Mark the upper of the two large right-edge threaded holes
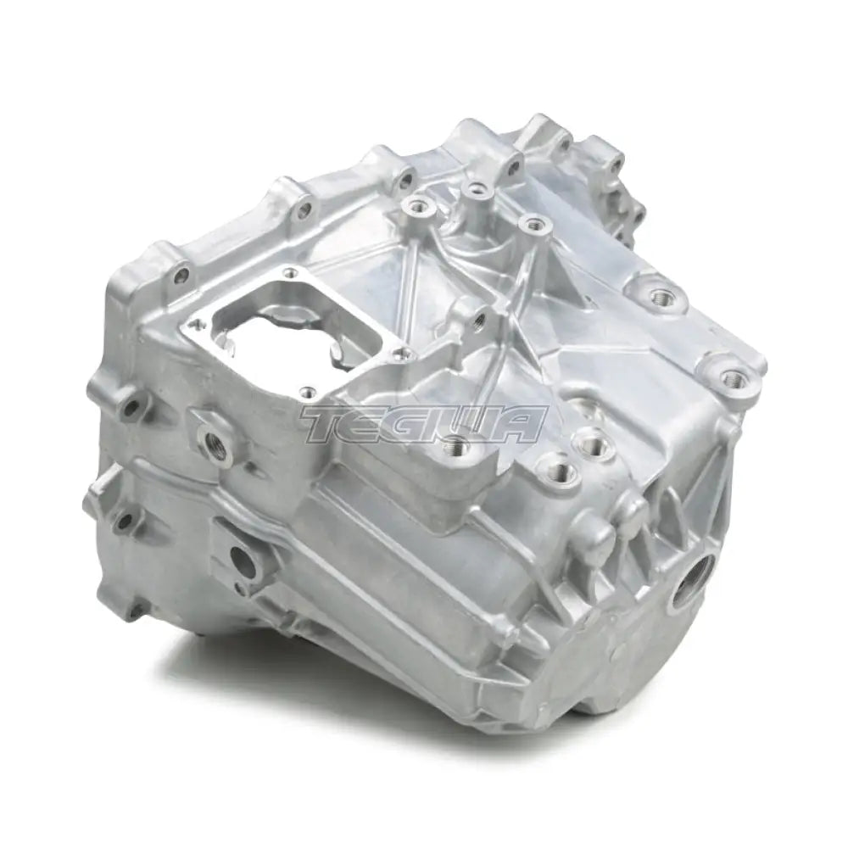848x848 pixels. (x=659, y=294)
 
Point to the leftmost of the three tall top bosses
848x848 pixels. (x=415, y=203)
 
